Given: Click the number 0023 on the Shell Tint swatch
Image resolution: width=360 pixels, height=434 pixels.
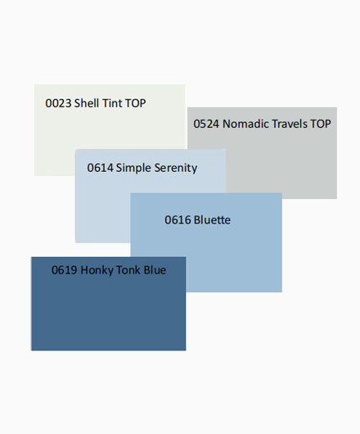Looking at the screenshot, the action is click(58, 103).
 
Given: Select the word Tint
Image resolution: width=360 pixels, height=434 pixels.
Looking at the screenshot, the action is click(112, 103).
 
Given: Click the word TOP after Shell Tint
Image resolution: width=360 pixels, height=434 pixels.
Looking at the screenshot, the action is click(135, 103).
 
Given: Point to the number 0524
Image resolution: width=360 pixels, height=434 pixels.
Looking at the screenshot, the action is click(206, 124).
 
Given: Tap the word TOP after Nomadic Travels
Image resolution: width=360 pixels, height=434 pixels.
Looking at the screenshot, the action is click(321, 124).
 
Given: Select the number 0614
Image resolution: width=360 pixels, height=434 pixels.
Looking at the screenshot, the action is click(100, 168).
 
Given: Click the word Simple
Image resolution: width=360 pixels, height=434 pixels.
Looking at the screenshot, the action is click(133, 169).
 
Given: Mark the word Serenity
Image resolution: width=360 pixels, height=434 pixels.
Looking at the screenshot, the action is click(176, 169).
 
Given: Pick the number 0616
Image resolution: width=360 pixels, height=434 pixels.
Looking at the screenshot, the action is click(178, 220).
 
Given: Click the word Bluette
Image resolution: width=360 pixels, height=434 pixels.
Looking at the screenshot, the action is click(212, 219).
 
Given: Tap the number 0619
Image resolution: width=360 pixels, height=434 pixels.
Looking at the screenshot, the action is click(64, 270).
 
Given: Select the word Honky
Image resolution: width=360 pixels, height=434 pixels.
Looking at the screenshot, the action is click(97, 271).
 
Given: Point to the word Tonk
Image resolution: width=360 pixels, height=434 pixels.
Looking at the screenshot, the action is click(128, 270).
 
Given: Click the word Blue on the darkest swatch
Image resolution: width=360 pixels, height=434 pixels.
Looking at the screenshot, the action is click(155, 270).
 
